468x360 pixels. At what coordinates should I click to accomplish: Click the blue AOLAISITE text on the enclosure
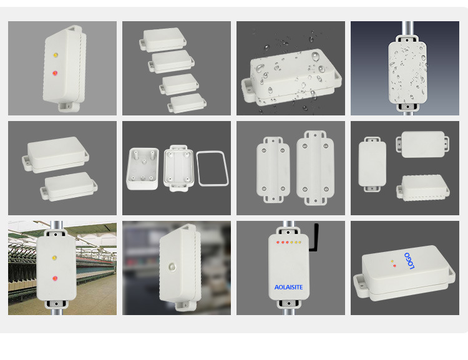tap(288, 287)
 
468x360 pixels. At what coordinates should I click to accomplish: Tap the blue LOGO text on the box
tap(409, 261)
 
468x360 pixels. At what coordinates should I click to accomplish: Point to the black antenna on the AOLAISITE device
tap(314, 238)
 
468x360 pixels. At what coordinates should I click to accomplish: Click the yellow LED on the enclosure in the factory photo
tap(54, 258)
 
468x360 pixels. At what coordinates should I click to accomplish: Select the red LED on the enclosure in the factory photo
tap(55, 278)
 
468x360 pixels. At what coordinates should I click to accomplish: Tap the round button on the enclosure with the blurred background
tap(172, 266)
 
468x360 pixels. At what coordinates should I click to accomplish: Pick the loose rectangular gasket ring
tap(213, 168)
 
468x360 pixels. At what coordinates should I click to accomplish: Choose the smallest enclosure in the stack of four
tap(187, 103)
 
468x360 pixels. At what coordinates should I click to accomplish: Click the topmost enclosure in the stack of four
tap(163, 39)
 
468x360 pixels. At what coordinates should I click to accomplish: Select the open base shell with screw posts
tap(143, 168)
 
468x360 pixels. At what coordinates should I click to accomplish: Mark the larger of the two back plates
tap(315, 168)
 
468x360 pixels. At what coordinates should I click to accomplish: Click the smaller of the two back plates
tap(273, 170)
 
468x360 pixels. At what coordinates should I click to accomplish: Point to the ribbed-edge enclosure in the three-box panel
tap(423, 188)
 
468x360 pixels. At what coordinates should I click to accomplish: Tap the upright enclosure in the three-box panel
tap(372, 164)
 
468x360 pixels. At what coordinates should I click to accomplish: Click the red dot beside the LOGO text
tap(394, 266)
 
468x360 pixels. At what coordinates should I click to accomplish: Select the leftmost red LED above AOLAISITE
tap(278, 242)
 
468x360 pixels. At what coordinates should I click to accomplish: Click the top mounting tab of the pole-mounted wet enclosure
tap(407, 39)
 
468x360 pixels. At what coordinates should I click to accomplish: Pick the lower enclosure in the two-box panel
tap(69, 187)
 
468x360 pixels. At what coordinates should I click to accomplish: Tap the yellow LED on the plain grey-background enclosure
tap(56, 56)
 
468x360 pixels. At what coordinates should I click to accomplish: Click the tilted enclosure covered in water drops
tap(291, 77)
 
